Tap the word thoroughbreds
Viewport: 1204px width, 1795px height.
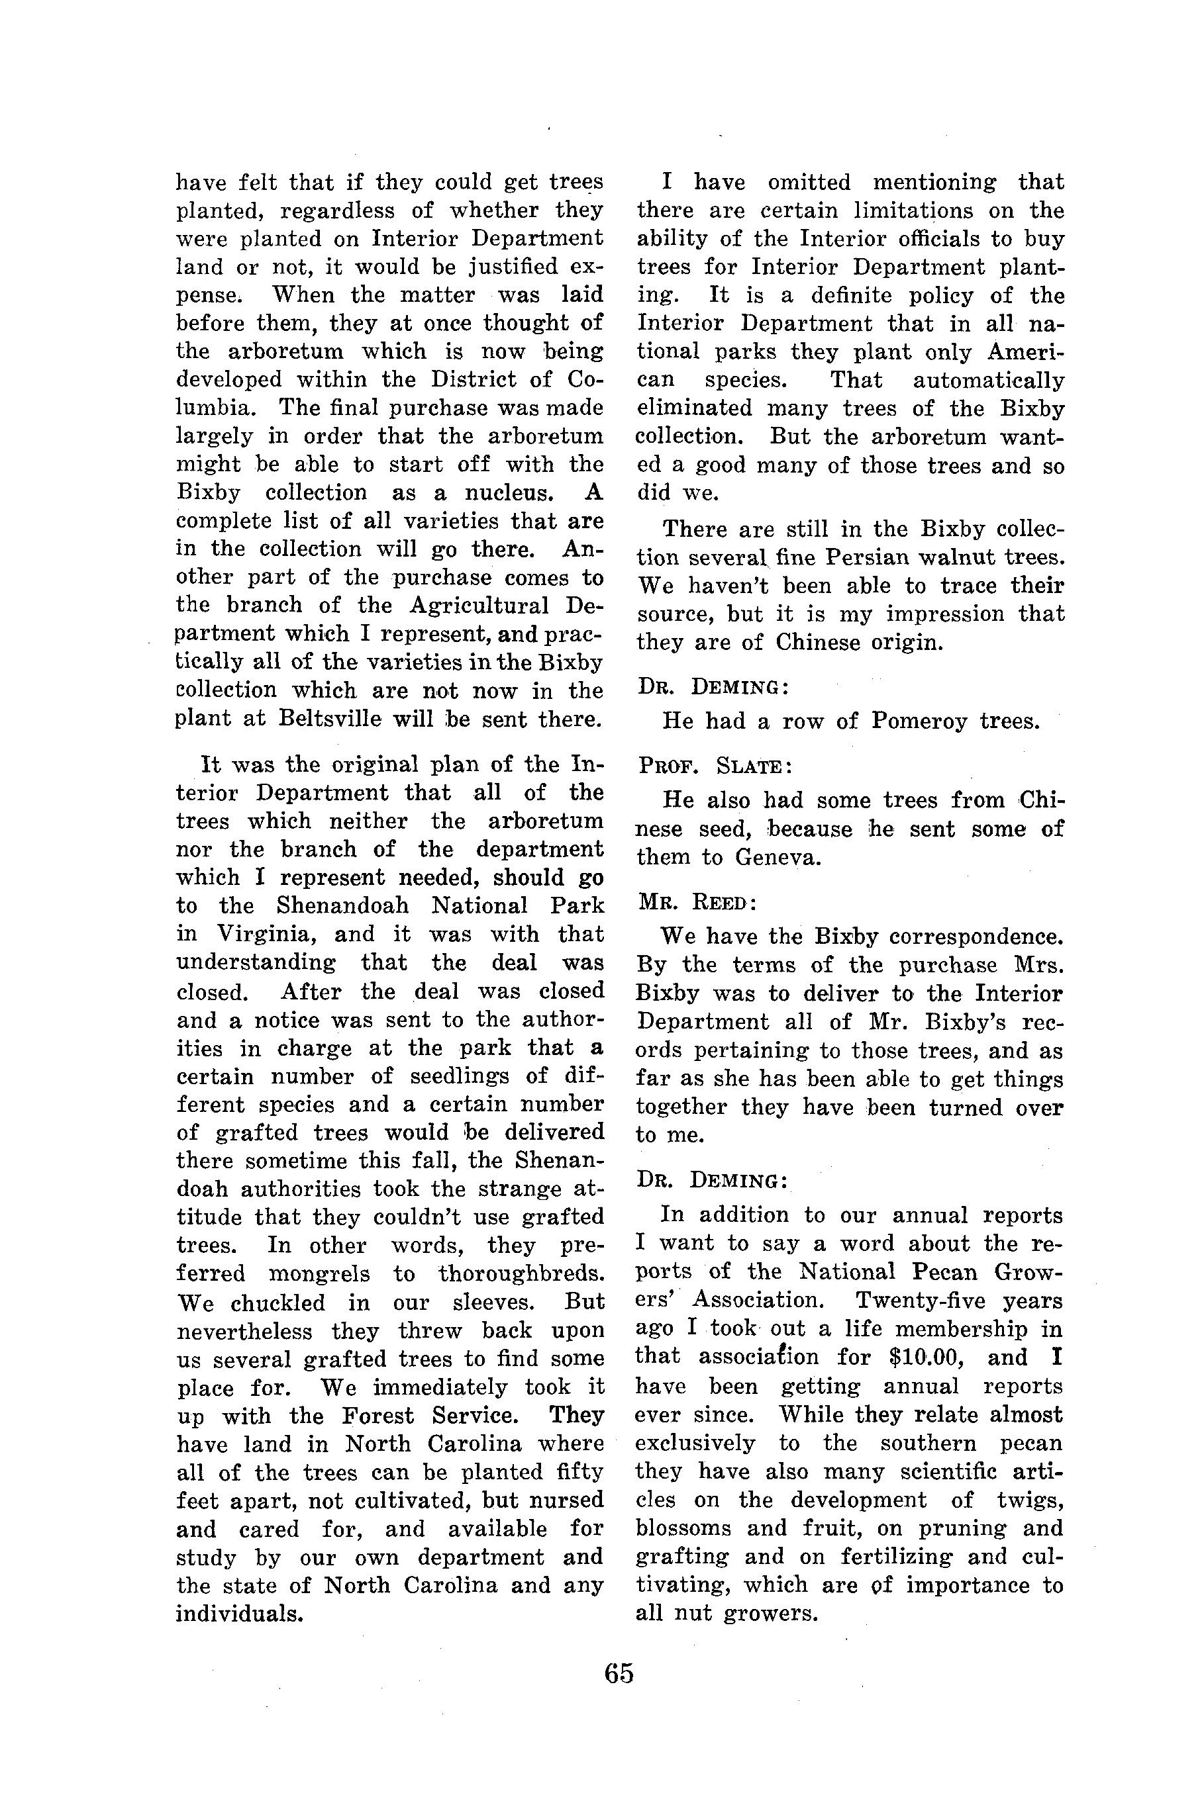click(x=521, y=1274)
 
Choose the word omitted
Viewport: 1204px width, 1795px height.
click(x=809, y=183)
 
